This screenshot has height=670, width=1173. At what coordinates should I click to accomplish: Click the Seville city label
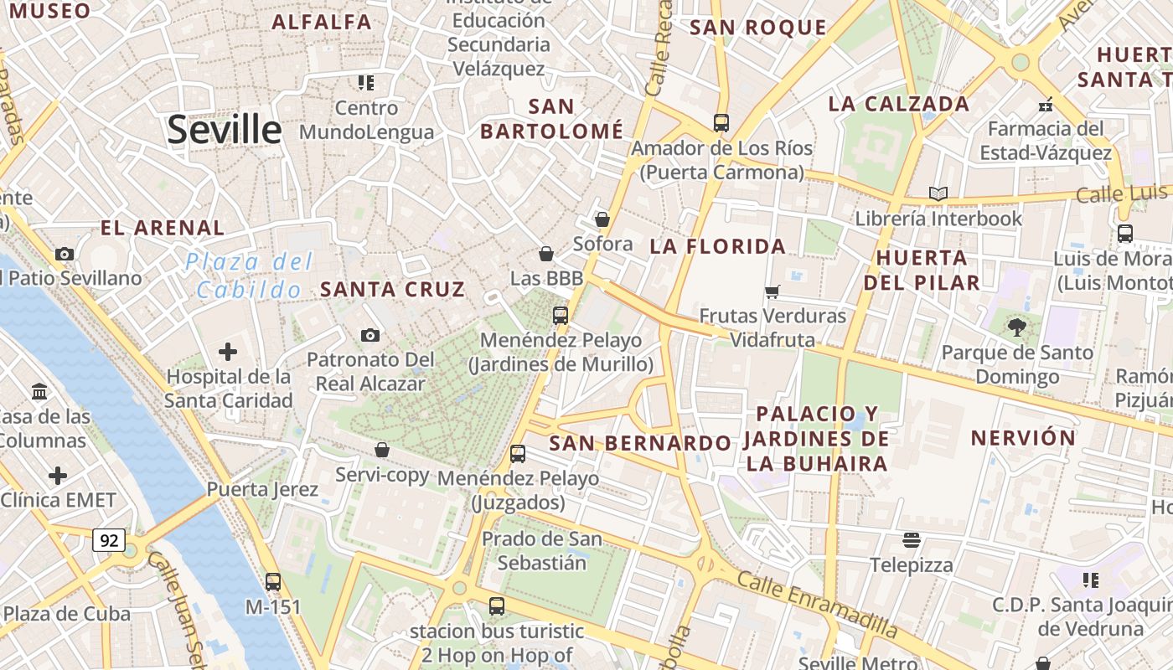(x=224, y=130)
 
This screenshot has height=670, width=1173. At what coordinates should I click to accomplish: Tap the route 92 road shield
(x=109, y=541)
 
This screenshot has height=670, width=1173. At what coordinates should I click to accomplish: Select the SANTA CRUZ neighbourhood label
(x=392, y=290)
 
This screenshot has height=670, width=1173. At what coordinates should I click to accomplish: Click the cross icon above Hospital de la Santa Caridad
(x=228, y=352)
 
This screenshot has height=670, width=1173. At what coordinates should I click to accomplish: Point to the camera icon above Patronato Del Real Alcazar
(x=370, y=336)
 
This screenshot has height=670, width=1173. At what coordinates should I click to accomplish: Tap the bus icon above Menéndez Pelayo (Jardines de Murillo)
(x=561, y=316)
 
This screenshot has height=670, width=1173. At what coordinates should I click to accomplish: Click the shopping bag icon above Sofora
(x=602, y=219)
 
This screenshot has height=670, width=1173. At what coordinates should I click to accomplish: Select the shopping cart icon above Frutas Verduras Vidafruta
(x=773, y=291)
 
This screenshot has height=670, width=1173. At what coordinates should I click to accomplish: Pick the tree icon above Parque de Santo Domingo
(x=1017, y=327)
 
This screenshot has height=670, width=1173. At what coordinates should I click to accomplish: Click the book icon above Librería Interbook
(x=938, y=193)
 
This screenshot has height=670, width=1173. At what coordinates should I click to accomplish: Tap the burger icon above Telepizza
(x=912, y=540)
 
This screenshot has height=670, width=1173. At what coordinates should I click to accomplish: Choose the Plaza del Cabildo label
(x=248, y=276)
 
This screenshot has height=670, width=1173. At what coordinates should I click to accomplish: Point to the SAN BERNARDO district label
(x=640, y=443)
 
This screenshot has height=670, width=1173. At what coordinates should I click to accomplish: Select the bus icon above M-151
(x=273, y=581)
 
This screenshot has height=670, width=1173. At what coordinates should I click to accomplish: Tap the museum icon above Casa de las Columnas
(x=39, y=391)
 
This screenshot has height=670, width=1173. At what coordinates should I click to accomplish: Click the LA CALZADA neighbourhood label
(x=898, y=104)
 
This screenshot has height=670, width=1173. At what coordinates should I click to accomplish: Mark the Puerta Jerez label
(x=262, y=489)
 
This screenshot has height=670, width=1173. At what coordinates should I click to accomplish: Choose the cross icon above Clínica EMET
(x=58, y=477)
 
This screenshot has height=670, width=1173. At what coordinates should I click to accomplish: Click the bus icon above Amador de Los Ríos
(x=721, y=123)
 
